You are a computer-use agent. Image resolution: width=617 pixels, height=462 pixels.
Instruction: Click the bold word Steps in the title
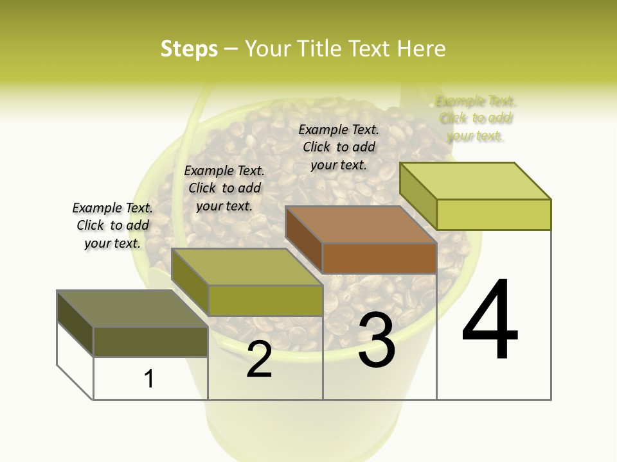tap(189, 49)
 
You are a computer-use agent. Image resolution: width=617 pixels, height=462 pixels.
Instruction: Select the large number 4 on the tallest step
tap(490, 320)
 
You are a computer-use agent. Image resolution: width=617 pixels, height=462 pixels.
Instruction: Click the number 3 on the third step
tap(377, 340)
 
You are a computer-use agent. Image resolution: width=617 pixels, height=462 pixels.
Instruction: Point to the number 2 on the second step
tap(259, 359)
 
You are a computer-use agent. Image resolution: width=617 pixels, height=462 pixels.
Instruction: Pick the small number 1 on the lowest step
tap(149, 379)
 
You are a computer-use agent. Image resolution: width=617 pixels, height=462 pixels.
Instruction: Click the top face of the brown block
tap(360, 225)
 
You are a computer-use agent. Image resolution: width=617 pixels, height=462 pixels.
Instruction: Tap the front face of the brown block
tap(379, 259)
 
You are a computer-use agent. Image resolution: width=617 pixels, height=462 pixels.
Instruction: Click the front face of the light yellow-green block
tap(494, 214)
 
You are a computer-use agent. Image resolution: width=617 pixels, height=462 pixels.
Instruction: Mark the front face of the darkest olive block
tap(150, 341)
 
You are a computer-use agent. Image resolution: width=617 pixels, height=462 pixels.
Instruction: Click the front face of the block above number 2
tap(265, 300)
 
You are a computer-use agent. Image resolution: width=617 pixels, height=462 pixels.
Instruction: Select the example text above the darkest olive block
tap(112, 225)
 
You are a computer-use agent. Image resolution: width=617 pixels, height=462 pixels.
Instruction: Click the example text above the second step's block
tap(224, 188)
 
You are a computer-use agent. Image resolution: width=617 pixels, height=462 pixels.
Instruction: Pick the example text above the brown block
tap(339, 147)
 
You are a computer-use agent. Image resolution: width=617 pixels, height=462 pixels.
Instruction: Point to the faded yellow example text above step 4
tap(476, 118)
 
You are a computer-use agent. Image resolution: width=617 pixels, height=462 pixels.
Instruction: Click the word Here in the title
tap(422, 49)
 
